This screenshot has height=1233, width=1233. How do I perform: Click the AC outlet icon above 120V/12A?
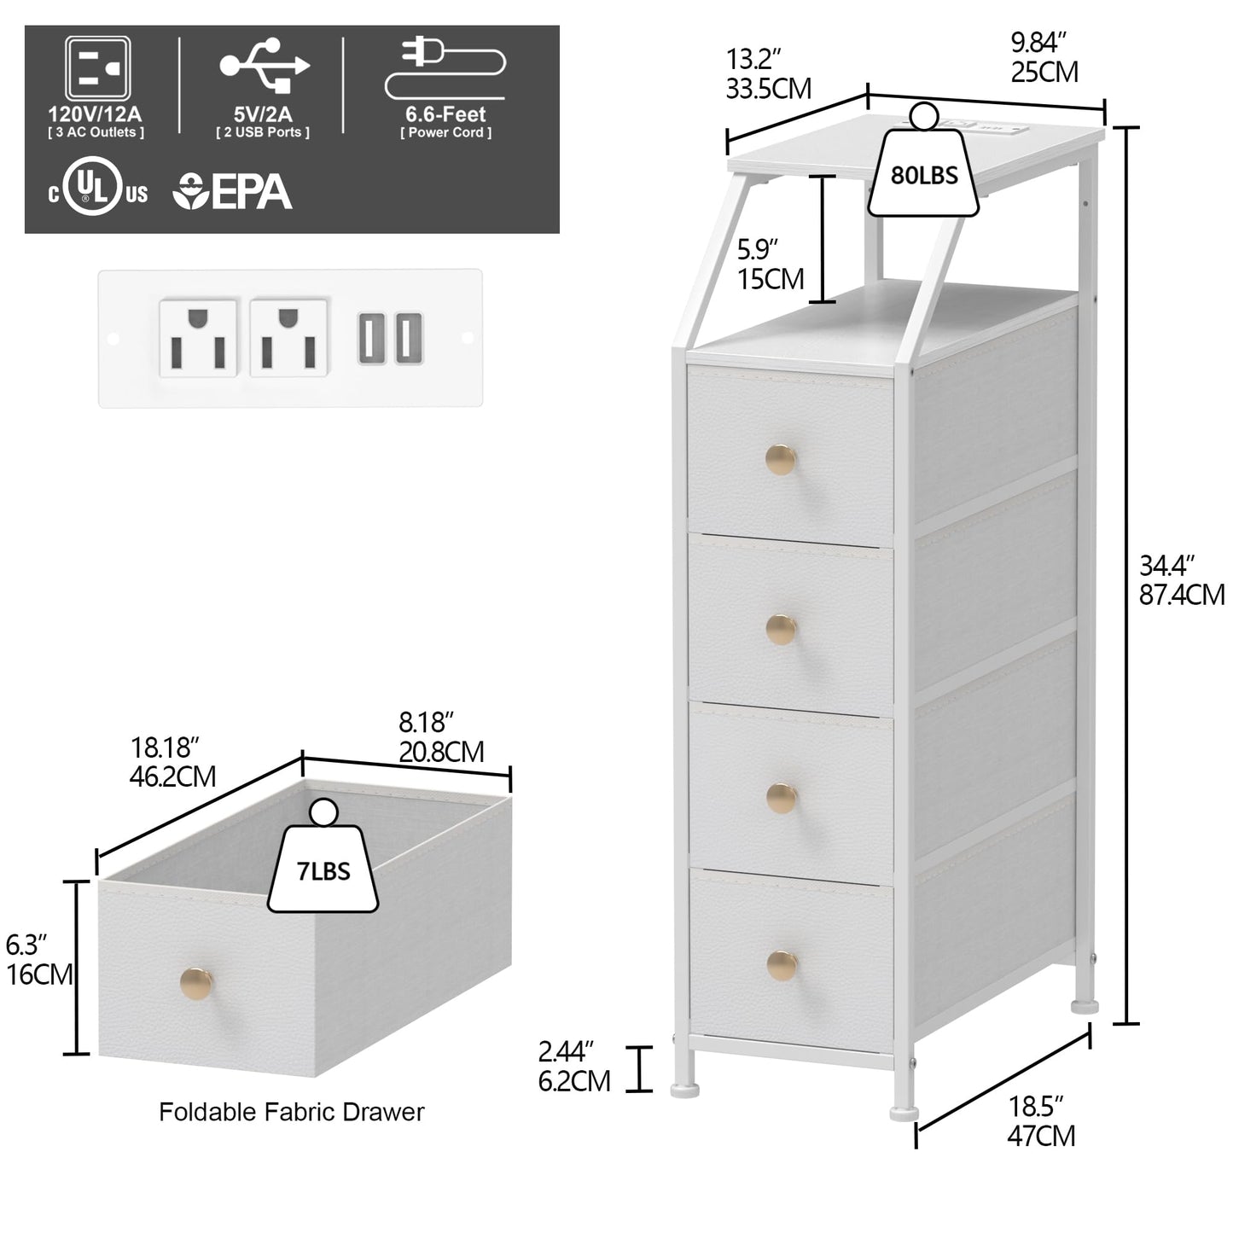[x=98, y=67]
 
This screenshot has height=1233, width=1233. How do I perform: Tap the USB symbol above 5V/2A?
[x=265, y=65]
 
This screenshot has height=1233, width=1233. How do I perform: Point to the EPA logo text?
[x=233, y=192]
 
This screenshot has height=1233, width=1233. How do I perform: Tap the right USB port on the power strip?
[x=408, y=338]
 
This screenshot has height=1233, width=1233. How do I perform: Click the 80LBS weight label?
[x=924, y=176]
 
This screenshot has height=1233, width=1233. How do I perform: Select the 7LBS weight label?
[x=323, y=871]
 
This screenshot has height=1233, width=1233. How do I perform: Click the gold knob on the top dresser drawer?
[x=781, y=462]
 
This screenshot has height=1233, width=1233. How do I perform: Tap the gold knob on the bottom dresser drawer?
[x=781, y=965]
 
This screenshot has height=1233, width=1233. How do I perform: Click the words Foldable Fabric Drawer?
[x=291, y=1112]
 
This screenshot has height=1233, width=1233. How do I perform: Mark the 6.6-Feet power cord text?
[x=445, y=114]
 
